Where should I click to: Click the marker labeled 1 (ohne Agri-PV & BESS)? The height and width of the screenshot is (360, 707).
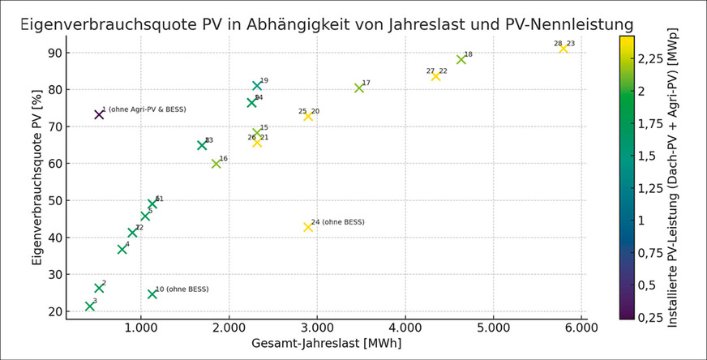[99, 114]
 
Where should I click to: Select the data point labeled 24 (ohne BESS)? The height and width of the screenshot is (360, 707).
[308, 227]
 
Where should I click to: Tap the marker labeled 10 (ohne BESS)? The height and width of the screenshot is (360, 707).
[152, 294]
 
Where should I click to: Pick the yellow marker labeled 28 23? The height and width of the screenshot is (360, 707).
[563, 49]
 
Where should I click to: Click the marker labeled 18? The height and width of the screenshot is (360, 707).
[461, 59]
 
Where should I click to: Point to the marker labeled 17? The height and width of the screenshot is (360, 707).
[359, 88]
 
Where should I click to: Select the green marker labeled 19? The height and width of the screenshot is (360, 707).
[257, 85]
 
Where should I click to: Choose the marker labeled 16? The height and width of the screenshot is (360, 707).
[216, 164]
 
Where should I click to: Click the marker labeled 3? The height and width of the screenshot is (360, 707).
[90, 306]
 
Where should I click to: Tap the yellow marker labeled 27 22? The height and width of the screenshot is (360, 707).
[435, 76]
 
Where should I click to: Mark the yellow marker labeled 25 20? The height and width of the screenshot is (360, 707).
[308, 116]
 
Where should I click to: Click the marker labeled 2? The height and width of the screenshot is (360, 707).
[99, 288]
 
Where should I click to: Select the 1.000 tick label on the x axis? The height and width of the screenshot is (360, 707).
[142, 328]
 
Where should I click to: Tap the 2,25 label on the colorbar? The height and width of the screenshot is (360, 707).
[652, 58]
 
